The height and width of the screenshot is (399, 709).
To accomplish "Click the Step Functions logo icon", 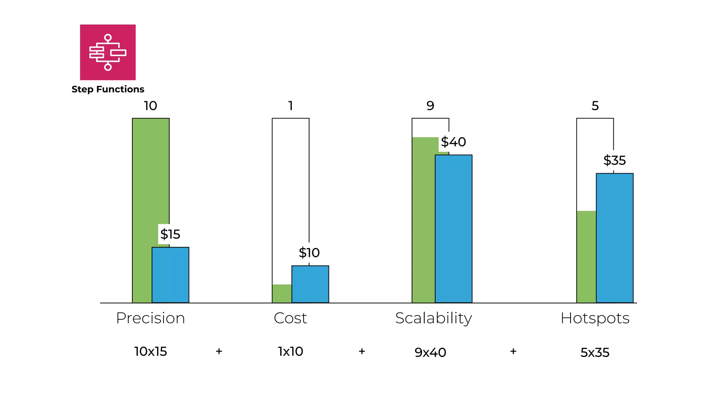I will [x=108, y=52].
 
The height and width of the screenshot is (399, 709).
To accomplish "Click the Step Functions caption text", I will [x=108, y=89].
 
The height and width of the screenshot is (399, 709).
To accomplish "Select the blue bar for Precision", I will [x=170, y=275].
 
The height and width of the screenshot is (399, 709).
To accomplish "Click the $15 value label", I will [x=170, y=234].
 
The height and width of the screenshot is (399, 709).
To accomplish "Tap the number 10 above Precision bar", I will [x=150, y=106].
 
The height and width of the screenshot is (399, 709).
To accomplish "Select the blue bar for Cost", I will [x=310, y=284].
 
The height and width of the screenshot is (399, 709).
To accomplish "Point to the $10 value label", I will [x=309, y=253].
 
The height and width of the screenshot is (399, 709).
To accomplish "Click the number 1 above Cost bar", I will [x=291, y=106].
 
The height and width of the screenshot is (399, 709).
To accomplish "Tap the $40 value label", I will [x=453, y=142].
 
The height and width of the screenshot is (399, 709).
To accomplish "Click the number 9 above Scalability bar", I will [x=430, y=106].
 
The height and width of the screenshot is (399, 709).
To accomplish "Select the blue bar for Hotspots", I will [x=614, y=238].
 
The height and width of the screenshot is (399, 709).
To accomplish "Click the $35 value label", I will [x=614, y=160].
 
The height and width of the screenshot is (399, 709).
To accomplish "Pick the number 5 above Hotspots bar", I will [x=595, y=106].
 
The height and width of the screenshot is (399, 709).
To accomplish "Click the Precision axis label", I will [x=150, y=318].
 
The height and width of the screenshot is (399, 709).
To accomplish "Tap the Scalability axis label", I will [x=433, y=318].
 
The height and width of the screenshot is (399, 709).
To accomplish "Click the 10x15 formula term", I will [x=150, y=352].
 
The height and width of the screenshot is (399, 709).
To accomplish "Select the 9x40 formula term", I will [x=430, y=353].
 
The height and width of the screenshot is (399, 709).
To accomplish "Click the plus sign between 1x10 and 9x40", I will [x=362, y=351].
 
